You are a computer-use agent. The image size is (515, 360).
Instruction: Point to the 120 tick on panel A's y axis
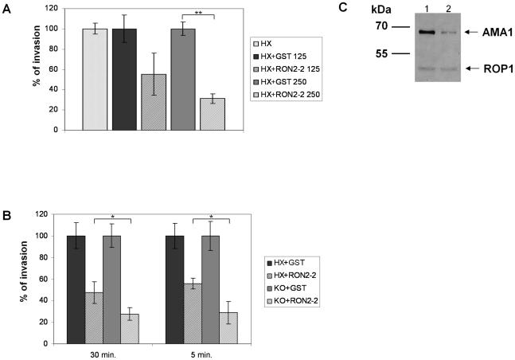[x=50, y=8]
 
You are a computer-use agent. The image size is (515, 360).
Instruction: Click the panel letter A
[x=7, y=9]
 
